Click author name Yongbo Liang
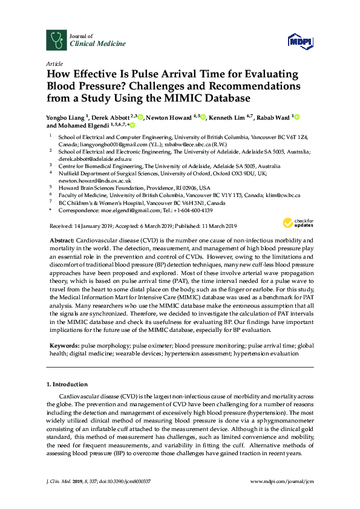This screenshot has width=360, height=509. coord(68,117)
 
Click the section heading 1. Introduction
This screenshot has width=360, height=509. coord(67,384)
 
